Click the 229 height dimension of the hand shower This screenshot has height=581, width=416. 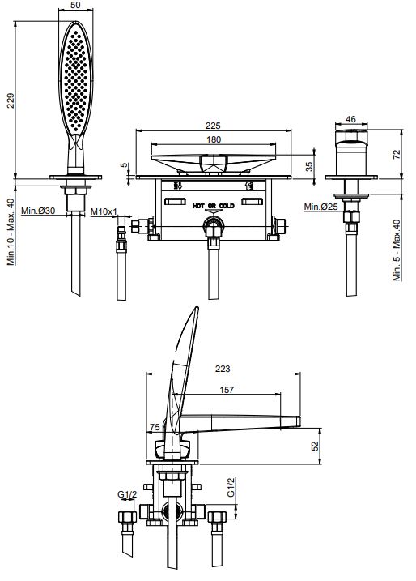tap(11, 100)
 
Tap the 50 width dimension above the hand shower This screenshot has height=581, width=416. tap(75, 5)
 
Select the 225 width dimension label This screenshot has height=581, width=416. tap(213, 126)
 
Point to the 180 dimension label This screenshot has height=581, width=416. tap(214, 139)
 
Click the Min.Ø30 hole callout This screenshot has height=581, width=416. tap(38, 211)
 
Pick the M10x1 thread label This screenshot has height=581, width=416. tap(104, 211)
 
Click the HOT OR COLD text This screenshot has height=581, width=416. tap(214, 206)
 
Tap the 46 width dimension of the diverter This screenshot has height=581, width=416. tap(350, 119)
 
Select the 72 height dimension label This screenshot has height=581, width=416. tap(397, 154)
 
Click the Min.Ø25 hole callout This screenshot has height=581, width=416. tap(320, 207)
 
